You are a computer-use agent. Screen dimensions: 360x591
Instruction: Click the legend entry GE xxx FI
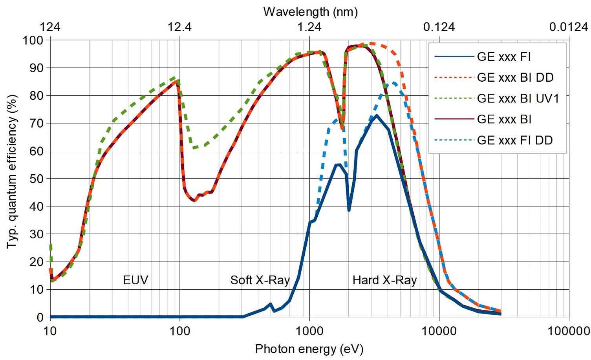pos(504,57)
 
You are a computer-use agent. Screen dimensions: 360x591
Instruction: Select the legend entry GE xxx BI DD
pos(515,77)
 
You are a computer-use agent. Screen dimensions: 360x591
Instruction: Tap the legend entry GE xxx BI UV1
pos(518,98)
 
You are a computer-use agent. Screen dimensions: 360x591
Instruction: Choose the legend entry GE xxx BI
pos(504,119)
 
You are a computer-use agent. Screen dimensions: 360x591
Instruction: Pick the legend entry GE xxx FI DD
pos(515,140)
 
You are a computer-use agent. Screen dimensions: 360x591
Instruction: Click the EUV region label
pos(135,280)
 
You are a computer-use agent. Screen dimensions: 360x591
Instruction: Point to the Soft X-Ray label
pos(260,280)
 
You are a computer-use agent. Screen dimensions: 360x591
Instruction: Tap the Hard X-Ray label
pos(384,280)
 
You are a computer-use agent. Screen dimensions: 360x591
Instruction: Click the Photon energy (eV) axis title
pos(309,349)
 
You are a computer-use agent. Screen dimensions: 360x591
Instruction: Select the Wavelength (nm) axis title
pos(310,12)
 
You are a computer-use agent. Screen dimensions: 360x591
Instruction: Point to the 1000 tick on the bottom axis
pos(309,331)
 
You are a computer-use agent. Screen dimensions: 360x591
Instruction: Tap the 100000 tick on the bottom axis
pos(568,331)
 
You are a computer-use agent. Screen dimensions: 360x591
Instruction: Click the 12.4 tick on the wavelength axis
pos(180,27)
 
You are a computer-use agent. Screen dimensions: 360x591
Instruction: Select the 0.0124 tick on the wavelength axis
pos(568,27)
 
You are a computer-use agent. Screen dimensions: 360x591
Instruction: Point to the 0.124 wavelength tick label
pos(439,27)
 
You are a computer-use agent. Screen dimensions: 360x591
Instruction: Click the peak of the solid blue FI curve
pos(377,115)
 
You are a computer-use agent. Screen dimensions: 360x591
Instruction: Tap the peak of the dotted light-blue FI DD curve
pos(393,83)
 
